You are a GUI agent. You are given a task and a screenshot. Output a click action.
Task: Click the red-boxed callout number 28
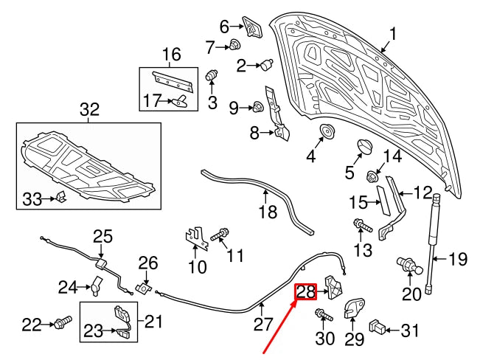(x=306, y=293)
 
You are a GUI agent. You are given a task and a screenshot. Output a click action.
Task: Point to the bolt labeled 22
(x=63, y=322)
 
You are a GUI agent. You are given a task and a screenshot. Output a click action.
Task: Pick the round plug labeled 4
(x=325, y=133)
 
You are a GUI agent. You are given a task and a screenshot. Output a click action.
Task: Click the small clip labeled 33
(x=60, y=197)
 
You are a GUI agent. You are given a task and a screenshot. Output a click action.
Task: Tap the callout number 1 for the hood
(x=393, y=34)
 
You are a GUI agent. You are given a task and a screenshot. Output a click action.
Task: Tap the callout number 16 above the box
(x=171, y=54)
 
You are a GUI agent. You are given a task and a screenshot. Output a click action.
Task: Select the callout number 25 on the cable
(x=102, y=236)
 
